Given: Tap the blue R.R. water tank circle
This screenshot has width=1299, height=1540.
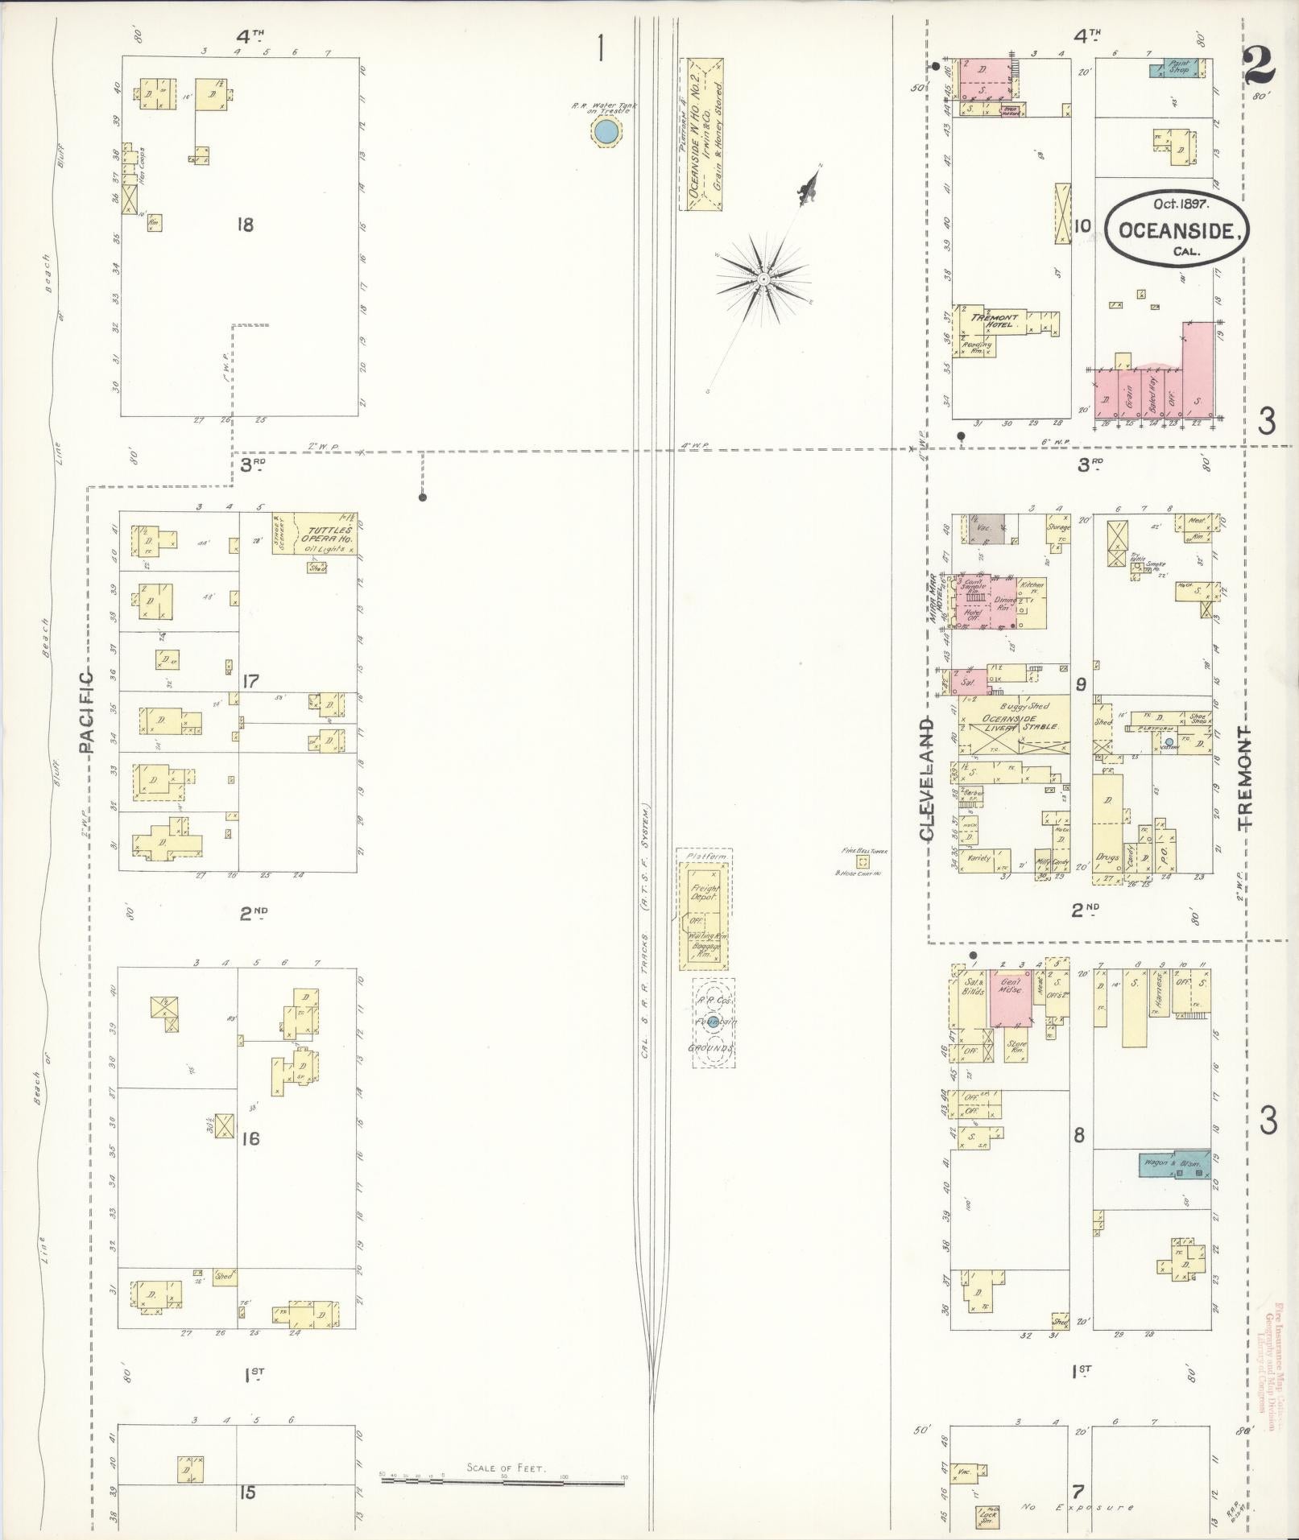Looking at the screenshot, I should (606, 130).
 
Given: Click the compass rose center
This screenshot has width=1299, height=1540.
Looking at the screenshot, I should (762, 279).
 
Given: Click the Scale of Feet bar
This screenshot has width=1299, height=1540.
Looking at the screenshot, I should (503, 1479).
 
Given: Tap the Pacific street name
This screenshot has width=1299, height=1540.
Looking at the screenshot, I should (87, 712).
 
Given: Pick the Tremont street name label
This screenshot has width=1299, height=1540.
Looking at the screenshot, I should (1246, 777).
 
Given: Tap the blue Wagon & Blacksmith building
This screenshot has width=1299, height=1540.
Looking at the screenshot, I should (1174, 1165).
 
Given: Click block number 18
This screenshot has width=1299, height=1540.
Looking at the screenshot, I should (245, 225).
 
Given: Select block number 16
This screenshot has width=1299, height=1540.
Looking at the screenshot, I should (250, 1138).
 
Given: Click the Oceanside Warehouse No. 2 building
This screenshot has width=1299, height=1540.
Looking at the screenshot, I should (701, 134).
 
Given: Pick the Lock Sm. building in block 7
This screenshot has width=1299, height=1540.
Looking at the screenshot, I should (987, 1515).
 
